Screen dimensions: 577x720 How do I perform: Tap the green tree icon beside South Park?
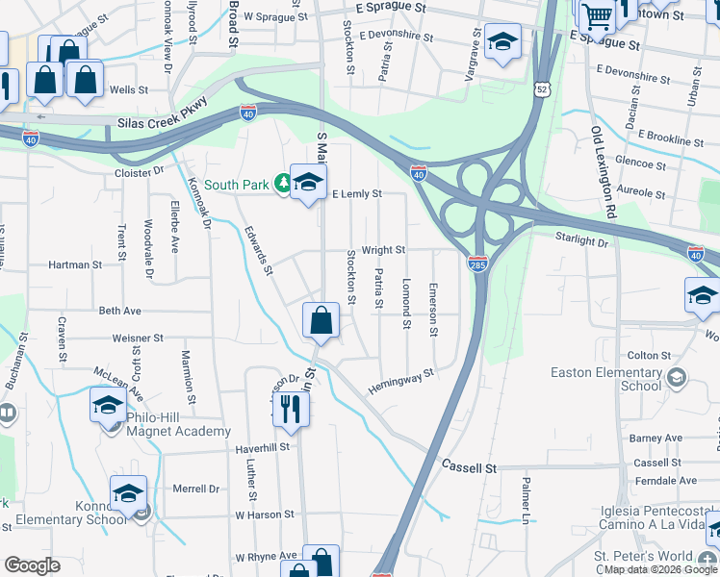click(x=283, y=183)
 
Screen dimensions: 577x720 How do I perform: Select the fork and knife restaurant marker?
click(x=291, y=408)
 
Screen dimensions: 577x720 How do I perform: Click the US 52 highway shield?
click(x=544, y=89)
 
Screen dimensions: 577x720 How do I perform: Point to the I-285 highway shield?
click(x=478, y=263)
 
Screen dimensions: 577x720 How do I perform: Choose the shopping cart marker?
click(x=598, y=15)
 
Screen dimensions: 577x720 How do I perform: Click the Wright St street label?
click(x=383, y=250)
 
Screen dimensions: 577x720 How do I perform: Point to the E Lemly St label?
click(x=357, y=194)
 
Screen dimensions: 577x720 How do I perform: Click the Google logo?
click(x=32, y=564)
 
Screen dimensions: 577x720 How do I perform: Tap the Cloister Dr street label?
click(x=140, y=171)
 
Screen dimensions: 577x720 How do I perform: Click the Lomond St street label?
click(x=406, y=302)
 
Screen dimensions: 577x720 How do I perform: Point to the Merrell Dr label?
click(x=196, y=489)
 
